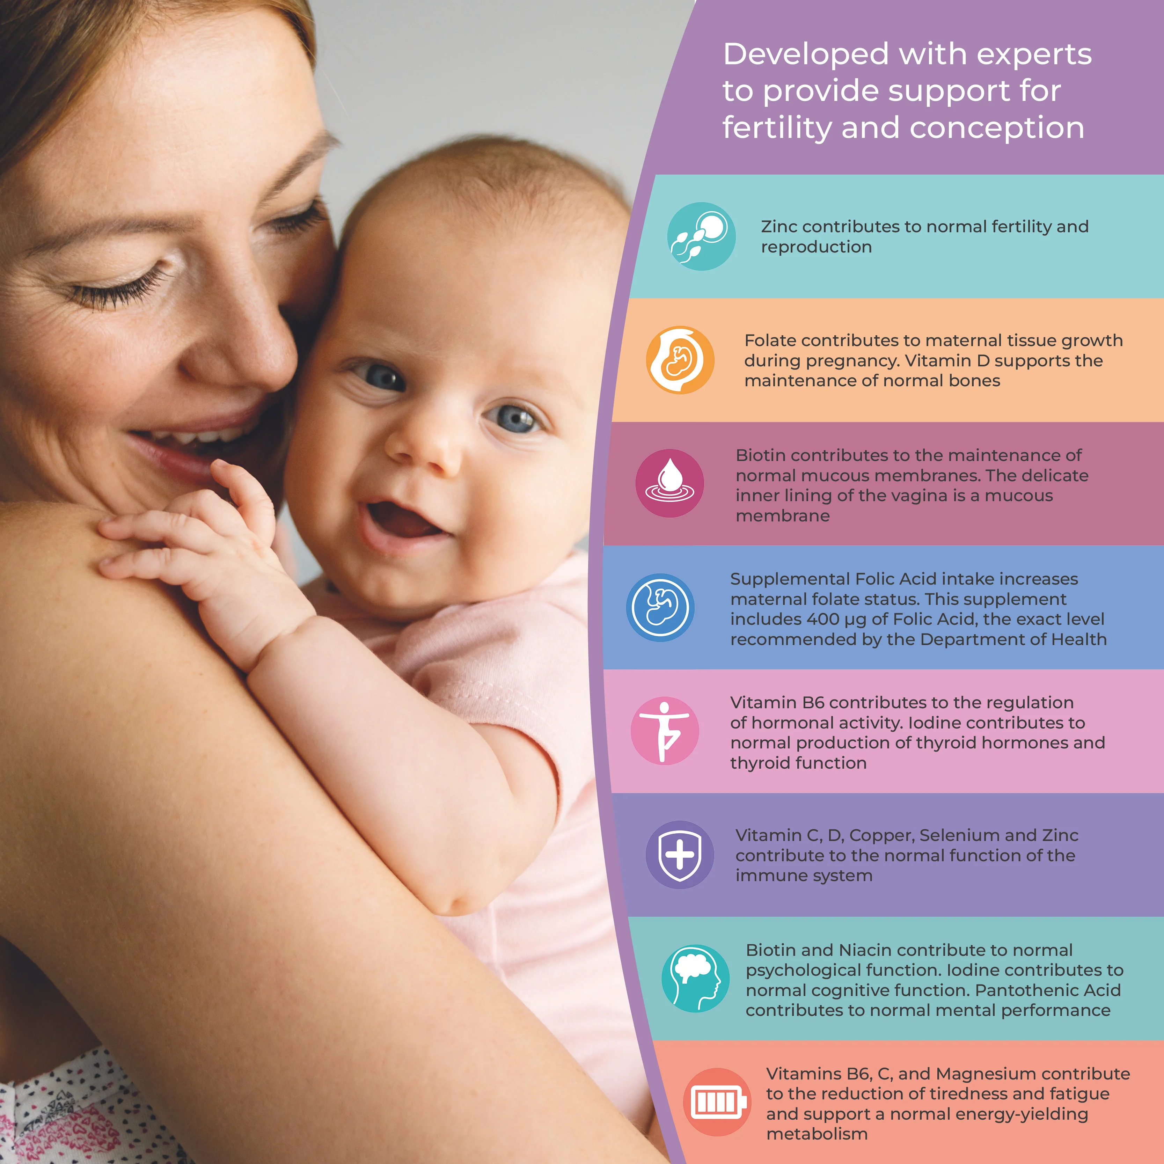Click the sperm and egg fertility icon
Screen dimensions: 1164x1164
pos(701,236)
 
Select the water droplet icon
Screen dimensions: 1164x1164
pos(669,483)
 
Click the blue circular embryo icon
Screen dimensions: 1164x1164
pos(660,607)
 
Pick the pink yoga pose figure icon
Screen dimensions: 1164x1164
pos(665,731)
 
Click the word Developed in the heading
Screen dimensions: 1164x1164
pos(806,54)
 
